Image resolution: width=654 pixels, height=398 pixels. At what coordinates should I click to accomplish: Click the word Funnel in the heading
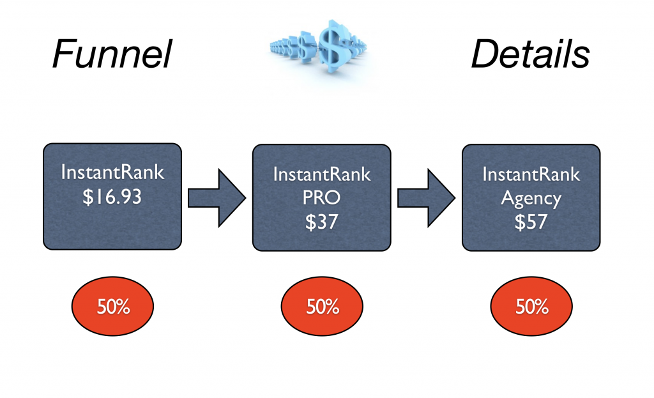pyautogui.click(x=112, y=54)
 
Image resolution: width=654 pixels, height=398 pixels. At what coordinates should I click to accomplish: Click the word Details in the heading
pyautogui.click(x=530, y=54)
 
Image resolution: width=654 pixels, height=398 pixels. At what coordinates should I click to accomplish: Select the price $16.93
pyautogui.click(x=112, y=197)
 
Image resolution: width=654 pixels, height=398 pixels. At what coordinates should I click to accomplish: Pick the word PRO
pyautogui.click(x=322, y=197)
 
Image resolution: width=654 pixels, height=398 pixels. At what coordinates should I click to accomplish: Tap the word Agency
pyautogui.click(x=531, y=197)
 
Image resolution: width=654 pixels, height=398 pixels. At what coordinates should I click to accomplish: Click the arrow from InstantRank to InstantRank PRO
pyautogui.click(x=217, y=197)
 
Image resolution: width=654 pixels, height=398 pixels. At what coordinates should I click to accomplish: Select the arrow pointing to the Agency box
pyautogui.click(x=427, y=197)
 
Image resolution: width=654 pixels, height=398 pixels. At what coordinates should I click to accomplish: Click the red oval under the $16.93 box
pyautogui.click(x=112, y=307)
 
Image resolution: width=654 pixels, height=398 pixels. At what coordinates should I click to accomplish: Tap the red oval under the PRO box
pyautogui.click(x=322, y=307)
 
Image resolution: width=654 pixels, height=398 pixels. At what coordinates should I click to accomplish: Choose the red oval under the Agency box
pyautogui.click(x=531, y=307)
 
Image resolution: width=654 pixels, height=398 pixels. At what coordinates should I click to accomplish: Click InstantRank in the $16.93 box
pyautogui.click(x=112, y=173)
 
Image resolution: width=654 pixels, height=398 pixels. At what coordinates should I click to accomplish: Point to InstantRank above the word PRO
pyautogui.click(x=322, y=174)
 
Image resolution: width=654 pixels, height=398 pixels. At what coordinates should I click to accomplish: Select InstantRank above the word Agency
pyautogui.click(x=531, y=174)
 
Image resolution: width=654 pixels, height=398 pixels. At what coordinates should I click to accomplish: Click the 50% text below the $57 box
pyautogui.click(x=531, y=307)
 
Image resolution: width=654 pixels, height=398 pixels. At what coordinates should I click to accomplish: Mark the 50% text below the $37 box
pyautogui.click(x=322, y=307)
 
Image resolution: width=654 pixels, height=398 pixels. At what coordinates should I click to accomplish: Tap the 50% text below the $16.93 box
pyautogui.click(x=112, y=307)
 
